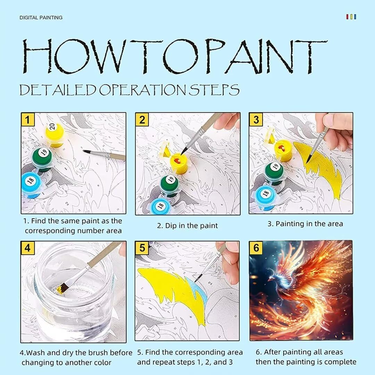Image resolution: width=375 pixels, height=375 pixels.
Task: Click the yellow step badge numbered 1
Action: [28, 119]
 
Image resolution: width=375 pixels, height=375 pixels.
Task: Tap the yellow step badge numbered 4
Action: [27, 248]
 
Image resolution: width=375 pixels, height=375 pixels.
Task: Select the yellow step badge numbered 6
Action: [256, 248]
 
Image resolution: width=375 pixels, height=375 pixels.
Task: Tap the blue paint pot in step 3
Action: [267, 198]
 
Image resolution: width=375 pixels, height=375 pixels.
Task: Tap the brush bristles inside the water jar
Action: [62, 288]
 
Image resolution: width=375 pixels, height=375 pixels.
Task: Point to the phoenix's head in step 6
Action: [272, 277]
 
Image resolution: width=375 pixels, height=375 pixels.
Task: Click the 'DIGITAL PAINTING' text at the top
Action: [41, 17]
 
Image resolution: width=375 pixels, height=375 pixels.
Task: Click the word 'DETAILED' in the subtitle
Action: [58, 90]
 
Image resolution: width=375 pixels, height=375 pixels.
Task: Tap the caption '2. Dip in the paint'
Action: [187, 226]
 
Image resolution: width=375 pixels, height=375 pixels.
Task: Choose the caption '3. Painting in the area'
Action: [305, 224]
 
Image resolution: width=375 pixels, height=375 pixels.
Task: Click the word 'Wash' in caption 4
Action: [34, 353]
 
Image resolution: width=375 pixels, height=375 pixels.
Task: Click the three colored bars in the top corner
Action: [351, 17]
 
